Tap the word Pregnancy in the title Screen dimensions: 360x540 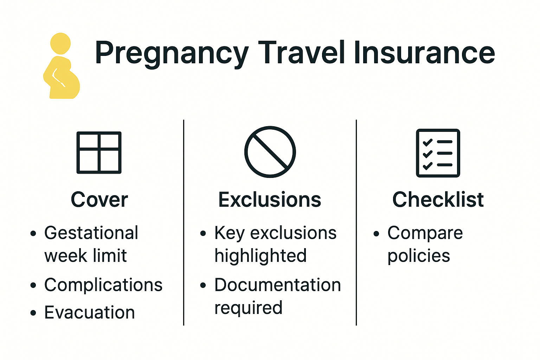click(x=172, y=53)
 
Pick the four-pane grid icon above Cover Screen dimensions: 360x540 click(x=99, y=153)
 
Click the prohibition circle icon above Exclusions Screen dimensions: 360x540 click(x=270, y=152)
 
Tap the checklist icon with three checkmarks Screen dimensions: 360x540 click(x=438, y=153)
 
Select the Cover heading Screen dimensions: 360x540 click(x=99, y=200)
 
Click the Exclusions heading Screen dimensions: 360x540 click(x=270, y=200)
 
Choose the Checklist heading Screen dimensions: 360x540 click(x=438, y=200)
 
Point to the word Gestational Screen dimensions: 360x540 click(x=91, y=233)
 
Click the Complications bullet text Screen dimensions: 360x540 click(x=103, y=285)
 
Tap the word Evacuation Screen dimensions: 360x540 click(x=90, y=312)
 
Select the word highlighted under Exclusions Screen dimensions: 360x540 click(x=261, y=256)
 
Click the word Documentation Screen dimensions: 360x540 click(x=278, y=285)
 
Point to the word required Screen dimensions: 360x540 click(x=248, y=308)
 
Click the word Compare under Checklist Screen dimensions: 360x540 click(x=425, y=233)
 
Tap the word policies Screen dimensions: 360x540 click(x=419, y=256)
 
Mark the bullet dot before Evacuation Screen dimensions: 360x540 click(x=33, y=313)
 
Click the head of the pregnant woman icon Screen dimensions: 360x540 click(x=60, y=44)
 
